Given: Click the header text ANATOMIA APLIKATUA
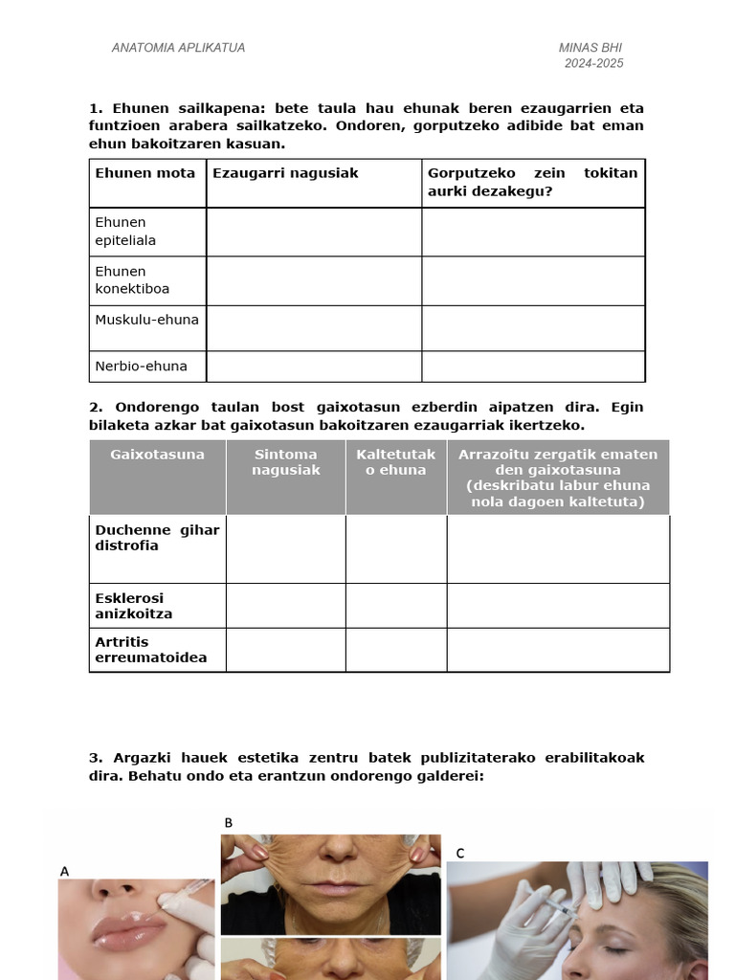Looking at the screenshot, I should tap(178, 48).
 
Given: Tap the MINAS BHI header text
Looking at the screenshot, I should tap(590, 48).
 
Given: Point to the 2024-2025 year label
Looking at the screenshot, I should tap(593, 63).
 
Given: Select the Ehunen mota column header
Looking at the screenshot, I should tap(145, 173).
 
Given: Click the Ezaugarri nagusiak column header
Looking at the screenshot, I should tap(285, 173).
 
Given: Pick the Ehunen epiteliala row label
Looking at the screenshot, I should tap(125, 232).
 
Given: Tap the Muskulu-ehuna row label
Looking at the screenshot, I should tap(146, 320).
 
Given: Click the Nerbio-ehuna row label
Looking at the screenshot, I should tap(141, 366).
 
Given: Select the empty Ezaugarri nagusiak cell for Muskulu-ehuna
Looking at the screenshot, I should tap(314, 327).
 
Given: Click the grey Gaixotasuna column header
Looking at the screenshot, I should tap(158, 455).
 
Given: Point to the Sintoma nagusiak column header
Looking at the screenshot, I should tap(286, 462).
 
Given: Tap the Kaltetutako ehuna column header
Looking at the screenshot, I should tap(396, 462).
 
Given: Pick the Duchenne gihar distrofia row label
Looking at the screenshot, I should tap(157, 538).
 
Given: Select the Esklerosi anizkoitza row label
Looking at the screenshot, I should tap(134, 606).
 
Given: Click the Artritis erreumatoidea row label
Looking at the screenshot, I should tap(151, 650).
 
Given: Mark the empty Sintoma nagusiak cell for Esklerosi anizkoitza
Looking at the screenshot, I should tap(286, 606).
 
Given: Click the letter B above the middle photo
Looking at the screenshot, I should tap(229, 823).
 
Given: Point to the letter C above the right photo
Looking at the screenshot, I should tap(460, 853).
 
